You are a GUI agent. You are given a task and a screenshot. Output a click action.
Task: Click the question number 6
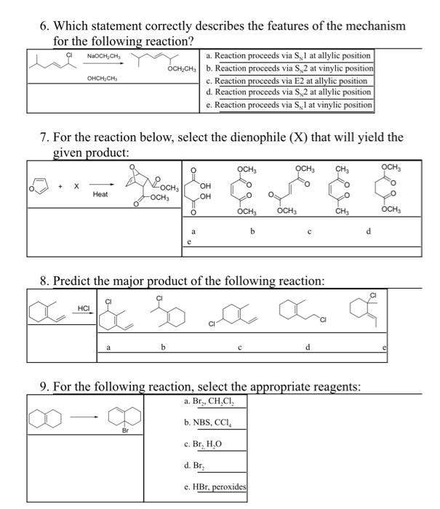44,25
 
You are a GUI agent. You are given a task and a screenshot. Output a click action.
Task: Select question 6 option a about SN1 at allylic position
288,55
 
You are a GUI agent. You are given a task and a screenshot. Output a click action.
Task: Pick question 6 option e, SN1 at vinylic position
289,105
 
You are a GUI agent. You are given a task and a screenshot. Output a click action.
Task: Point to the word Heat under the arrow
100,195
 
